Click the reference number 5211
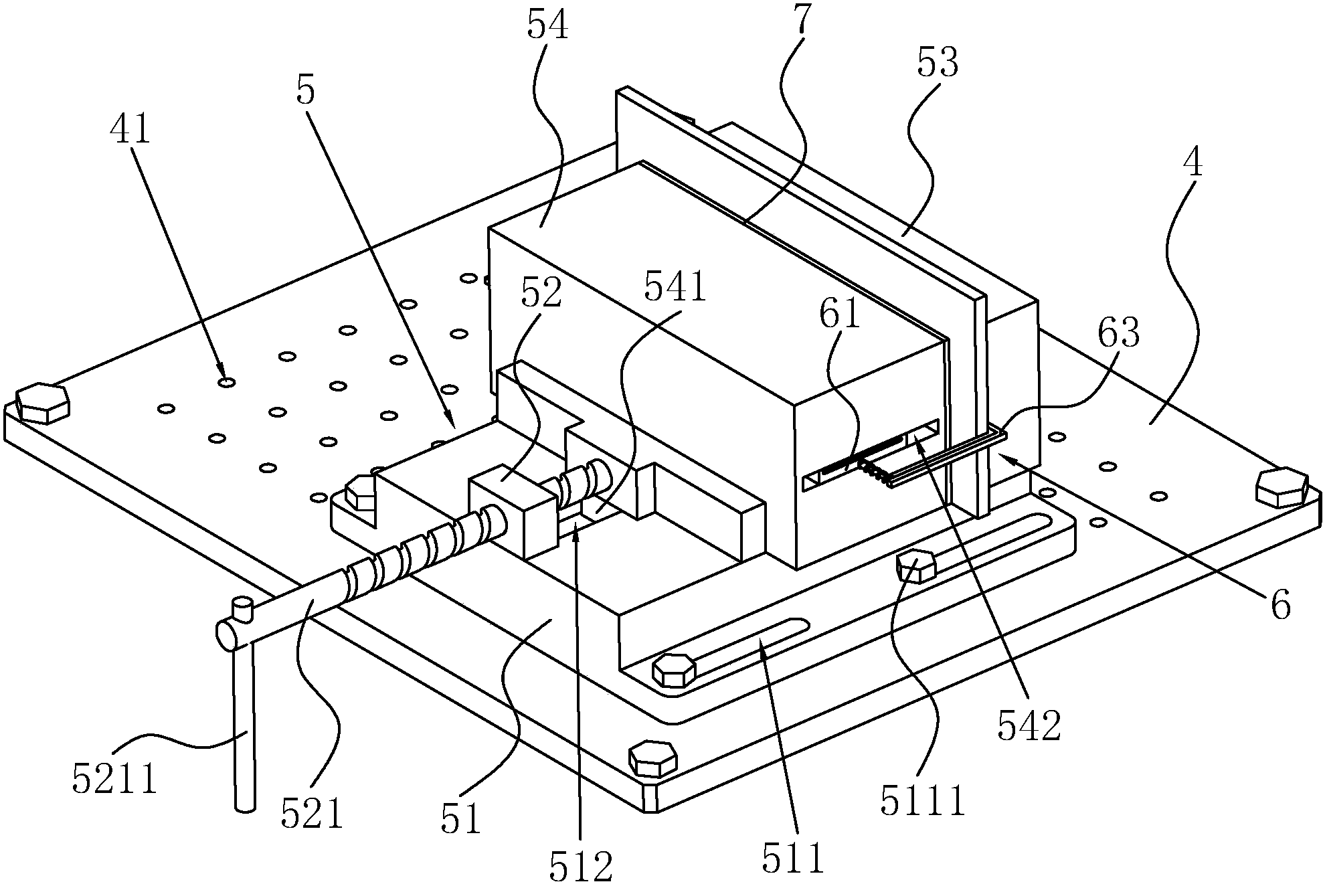click(115, 779)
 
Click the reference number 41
click(130, 129)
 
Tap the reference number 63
click(1118, 333)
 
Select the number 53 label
click(937, 63)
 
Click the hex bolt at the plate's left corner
click(41, 403)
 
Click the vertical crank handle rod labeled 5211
click(244, 727)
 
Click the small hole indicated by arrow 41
click(227, 382)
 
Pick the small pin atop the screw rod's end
click(242, 610)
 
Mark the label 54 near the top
click(547, 26)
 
